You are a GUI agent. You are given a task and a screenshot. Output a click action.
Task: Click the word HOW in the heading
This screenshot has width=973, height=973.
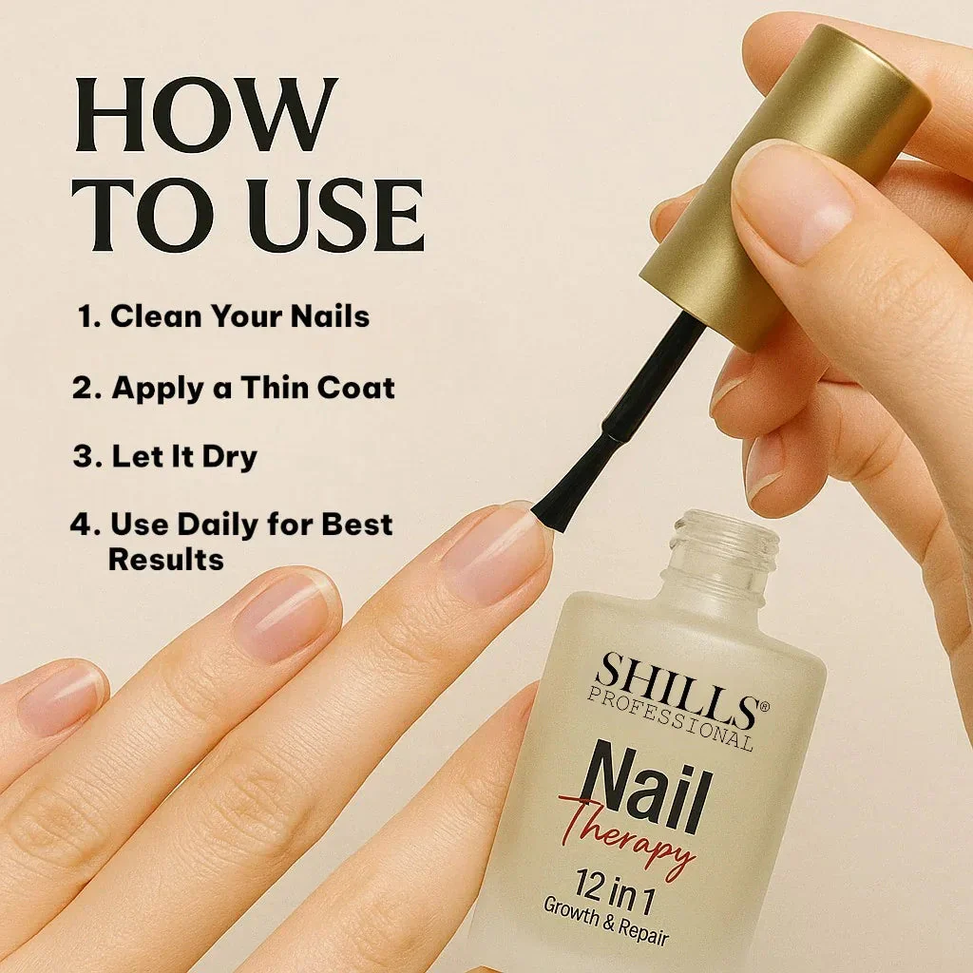[x=206, y=115]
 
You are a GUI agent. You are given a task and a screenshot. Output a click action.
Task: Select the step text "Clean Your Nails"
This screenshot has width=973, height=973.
[x=239, y=315]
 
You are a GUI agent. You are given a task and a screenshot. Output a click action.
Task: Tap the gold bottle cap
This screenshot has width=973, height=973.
[x=784, y=186]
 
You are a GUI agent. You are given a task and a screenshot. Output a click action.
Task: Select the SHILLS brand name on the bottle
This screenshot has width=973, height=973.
[x=677, y=689]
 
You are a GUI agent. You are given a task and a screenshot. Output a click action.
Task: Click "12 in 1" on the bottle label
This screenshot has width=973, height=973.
[x=615, y=891]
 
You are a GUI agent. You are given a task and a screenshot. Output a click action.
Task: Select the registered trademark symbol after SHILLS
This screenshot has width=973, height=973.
[x=764, y=705]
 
